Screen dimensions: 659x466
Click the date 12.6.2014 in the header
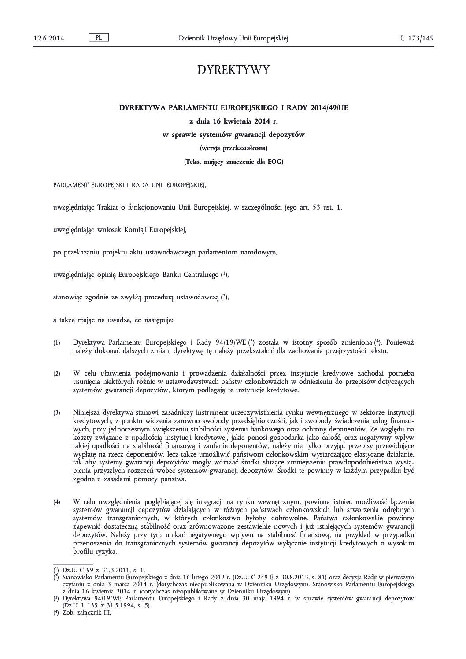(49, 38)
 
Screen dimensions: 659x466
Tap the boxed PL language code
(99, 38)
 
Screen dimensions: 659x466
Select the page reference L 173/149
(417, 38)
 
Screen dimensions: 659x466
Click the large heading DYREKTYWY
(233, 70)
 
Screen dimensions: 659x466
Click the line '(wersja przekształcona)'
(233, 148)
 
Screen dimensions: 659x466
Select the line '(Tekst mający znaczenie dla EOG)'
(233, 162)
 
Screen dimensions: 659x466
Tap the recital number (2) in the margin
(57, 374)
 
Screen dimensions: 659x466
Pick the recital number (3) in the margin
(57, 413)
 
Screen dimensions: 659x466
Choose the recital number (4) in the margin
(57, 502)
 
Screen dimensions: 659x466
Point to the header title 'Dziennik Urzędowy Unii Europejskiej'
(233, 38)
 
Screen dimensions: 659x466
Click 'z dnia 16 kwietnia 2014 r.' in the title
(233, 121)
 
